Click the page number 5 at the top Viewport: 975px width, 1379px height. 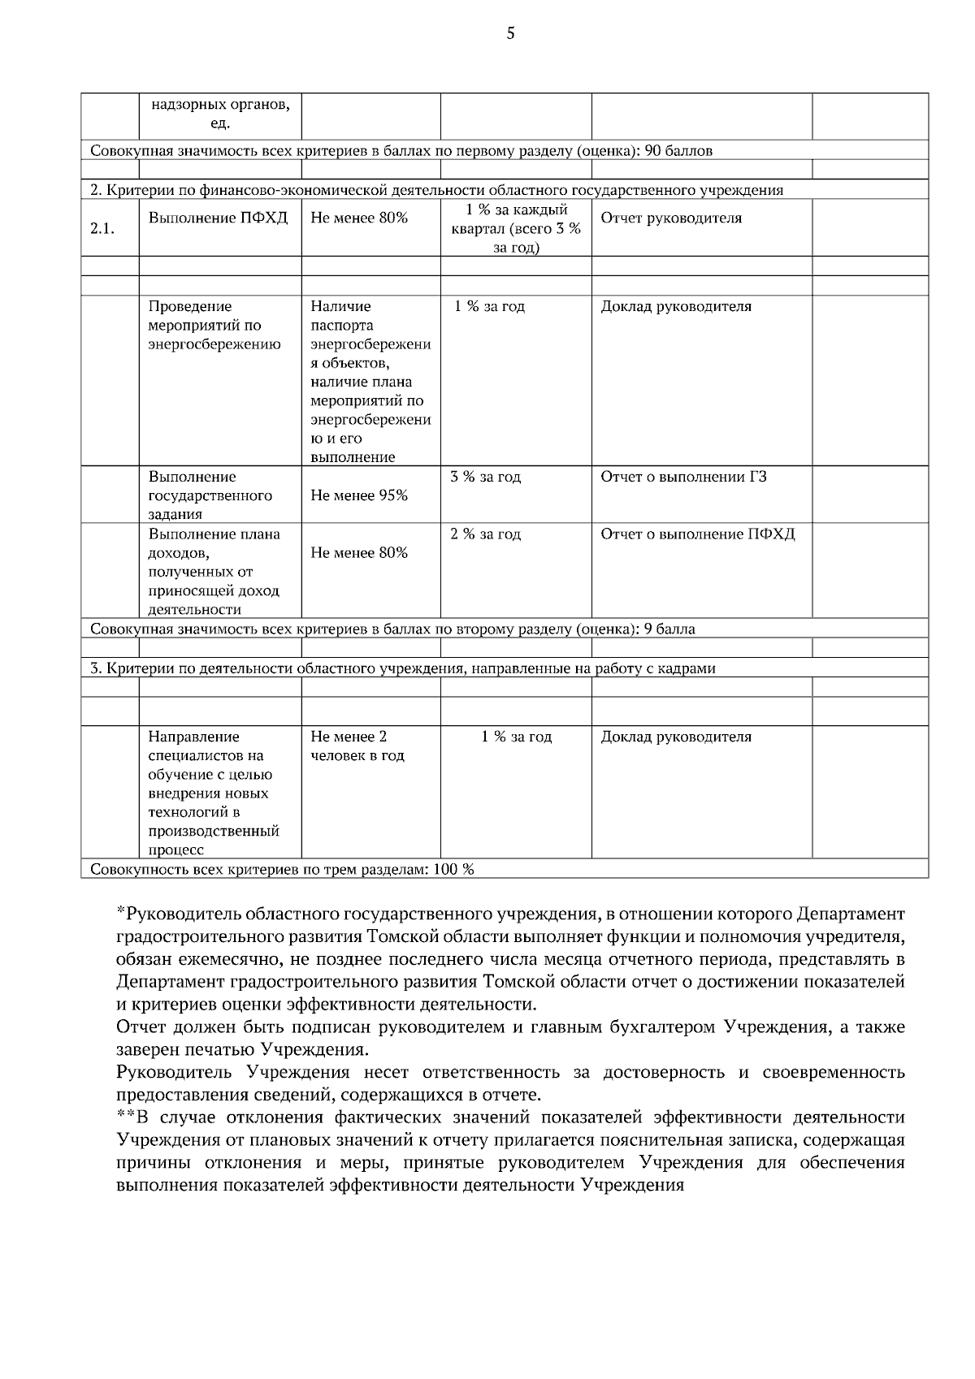[x=510, y=33]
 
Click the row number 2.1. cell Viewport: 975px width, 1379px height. [x=102, y=229]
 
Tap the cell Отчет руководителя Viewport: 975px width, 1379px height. [x=670, y=218]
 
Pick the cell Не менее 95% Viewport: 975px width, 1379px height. [x=359, y=495]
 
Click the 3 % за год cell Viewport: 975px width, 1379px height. [x=485, y=477]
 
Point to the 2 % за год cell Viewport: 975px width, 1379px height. [x=485, y=534]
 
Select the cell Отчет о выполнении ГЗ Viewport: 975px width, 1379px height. [x=683, y=477]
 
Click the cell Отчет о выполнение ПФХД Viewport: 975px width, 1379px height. [x=697, y=534]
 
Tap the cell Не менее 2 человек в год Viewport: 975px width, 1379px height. [x=357, y=746]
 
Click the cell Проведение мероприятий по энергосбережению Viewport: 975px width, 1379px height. [x=214, y=325]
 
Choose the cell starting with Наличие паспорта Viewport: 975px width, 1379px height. [x=370, y=381]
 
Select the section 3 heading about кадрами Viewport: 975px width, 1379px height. [x=402, y=668]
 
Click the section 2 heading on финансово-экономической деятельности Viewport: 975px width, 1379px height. [x=436, y=191]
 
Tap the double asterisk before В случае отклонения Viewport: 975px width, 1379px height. [x=124, y=1117]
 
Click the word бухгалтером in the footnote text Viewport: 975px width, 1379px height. [x=664, y=1027]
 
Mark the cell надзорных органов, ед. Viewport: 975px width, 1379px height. [x=219, y=115]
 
